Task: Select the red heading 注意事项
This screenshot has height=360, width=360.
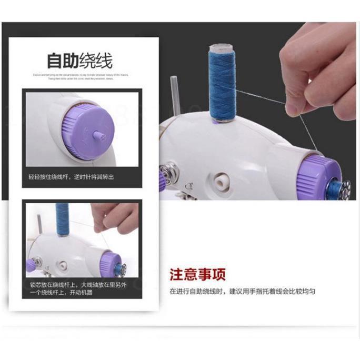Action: (x=197, y=275)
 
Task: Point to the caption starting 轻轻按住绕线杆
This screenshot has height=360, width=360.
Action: (x=71, y=177)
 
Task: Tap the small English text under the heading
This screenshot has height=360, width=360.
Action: (x=81, y=77)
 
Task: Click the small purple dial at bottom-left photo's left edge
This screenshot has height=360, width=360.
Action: (x=29, y=263)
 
